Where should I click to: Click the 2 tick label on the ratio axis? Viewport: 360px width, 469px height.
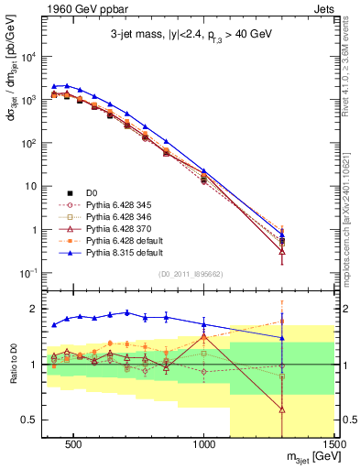coord(31,309)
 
